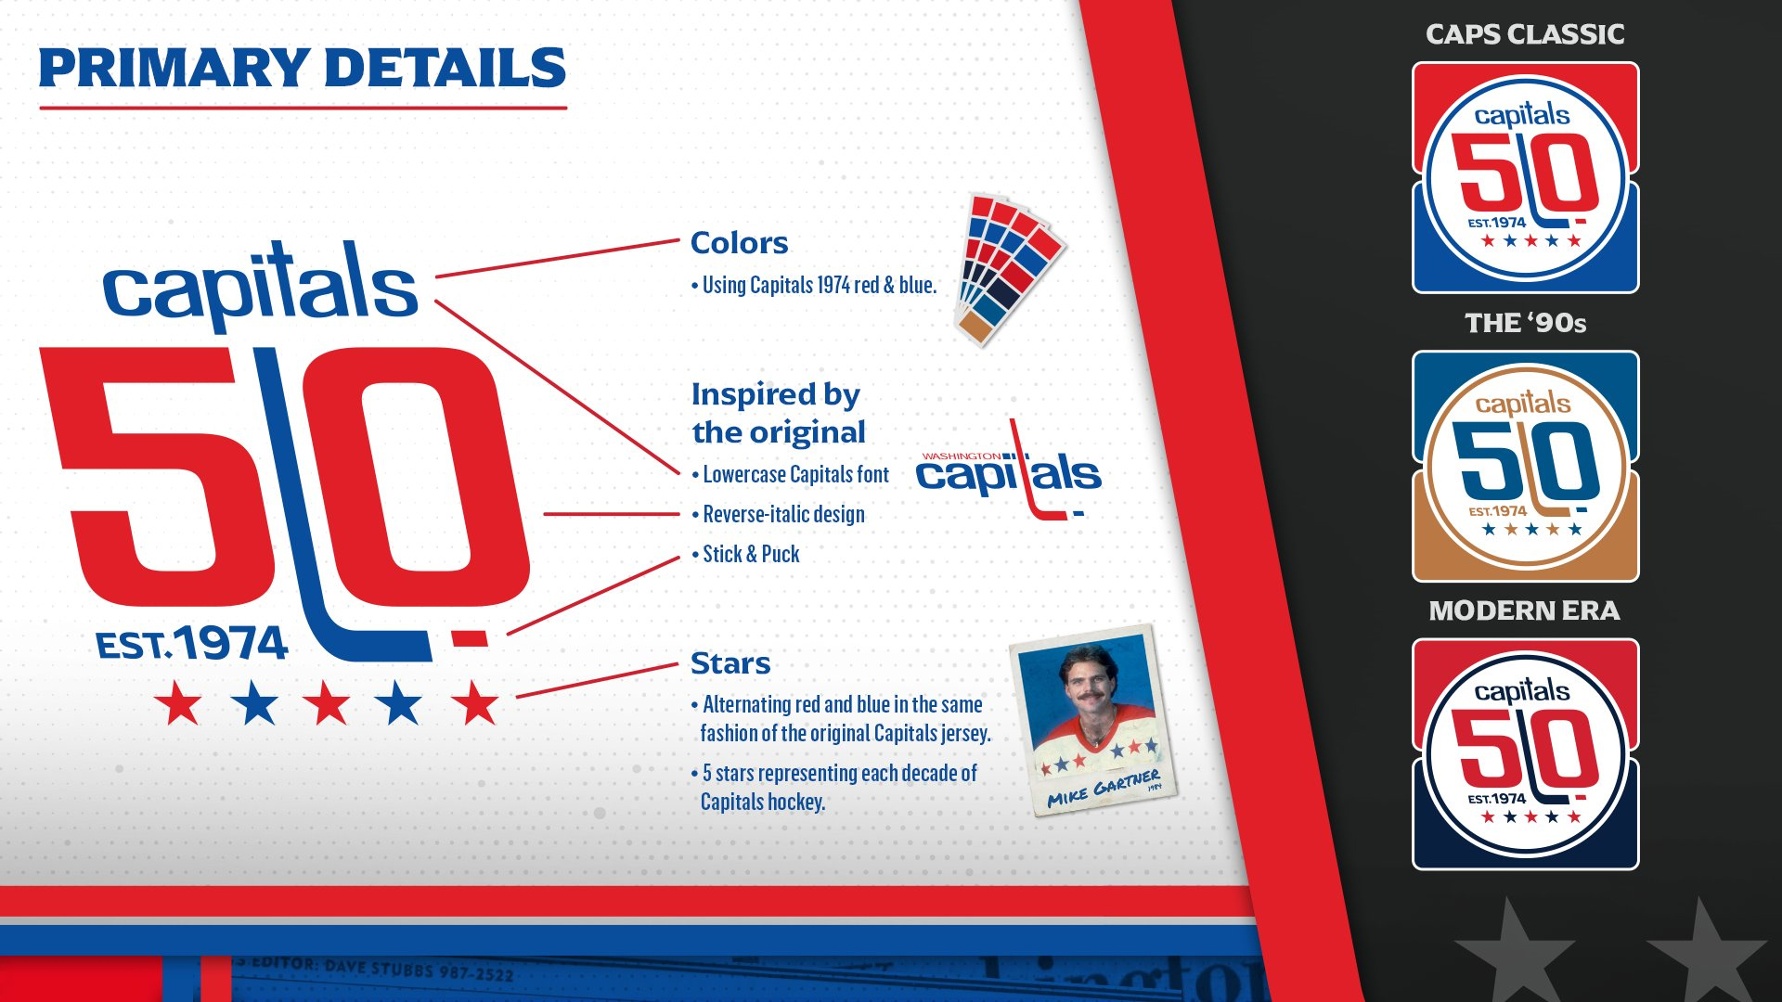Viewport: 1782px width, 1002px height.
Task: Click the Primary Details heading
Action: (x=302, y=69)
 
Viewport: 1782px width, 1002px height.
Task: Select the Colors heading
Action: (x=739, y=243)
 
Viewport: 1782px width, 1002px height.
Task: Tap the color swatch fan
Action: (x=1010, y=269)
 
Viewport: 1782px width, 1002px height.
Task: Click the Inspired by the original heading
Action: (x=778, y=413)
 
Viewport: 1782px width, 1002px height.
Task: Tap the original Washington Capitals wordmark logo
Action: (x=1009, y=471)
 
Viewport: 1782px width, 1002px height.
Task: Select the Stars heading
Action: (x=730, y=663)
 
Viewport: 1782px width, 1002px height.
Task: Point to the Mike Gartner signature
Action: (x=1104, y=789)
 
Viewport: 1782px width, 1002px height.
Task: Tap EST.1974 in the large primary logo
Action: (x=192, y=644)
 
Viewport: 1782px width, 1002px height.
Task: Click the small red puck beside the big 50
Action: (x=469, y=638)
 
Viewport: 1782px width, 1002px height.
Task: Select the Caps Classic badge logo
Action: (x=1525, y=178)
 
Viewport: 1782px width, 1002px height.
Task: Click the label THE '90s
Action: (x=1525, y=323)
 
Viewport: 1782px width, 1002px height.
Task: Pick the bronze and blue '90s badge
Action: (x=1525, y=466)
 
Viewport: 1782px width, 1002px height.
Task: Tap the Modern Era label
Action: (x=1524, y=610)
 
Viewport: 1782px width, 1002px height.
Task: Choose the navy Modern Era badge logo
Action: (x=1525, y=754)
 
